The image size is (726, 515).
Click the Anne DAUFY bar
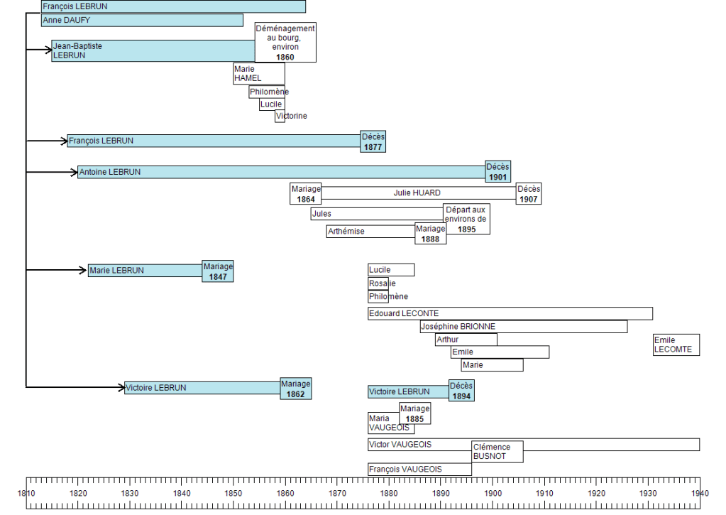(x=142, y=21)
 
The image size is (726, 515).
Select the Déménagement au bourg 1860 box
(x=285, y=42)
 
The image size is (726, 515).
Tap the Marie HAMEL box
(x=259, y=73)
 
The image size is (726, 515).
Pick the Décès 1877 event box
(x=373, y=141)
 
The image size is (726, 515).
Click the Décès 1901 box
(x=497, y=172)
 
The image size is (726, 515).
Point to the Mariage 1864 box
(x=306, y=194)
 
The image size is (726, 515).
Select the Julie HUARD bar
(x=417, y=193)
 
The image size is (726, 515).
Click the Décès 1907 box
(x=528, y=194)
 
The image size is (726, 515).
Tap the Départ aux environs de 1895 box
(x=466, y=219)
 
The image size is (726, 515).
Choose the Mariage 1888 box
(x=431, y=234)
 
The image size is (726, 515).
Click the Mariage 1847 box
(x=218, y=271)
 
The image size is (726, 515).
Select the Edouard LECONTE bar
(x=510, y=313)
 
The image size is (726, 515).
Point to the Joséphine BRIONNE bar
(x=523, y=327)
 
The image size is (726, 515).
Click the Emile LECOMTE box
(x=676, y=345)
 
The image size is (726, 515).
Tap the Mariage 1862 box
(x=296, y=389)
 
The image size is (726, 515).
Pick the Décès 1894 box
(x=461, y=391)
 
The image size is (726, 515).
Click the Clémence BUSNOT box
(x=497, y=452)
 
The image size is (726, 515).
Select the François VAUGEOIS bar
(x=419, y=469)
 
